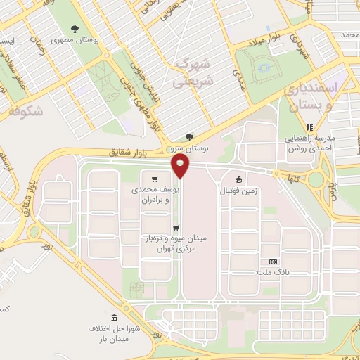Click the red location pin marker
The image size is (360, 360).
pyautogui.click(x=181, y=166)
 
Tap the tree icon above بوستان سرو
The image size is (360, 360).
pyautogui.click(x=188, y=137)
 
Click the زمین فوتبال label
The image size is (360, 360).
pyautogui.click(x=240, y=191)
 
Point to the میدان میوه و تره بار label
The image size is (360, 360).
pyautogui.click(x=174, y=244)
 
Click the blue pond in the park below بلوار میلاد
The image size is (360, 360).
pyautogui.click(x=265, y=68)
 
